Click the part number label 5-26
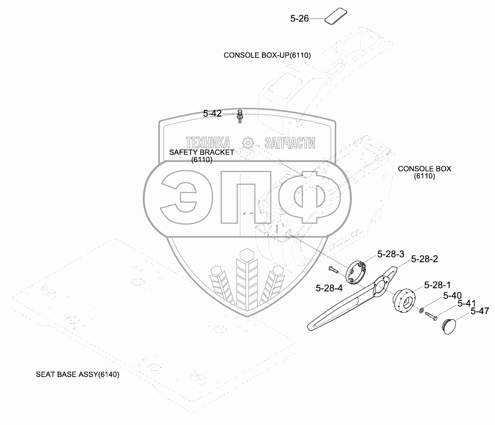(299, 19)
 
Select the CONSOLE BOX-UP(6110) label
(267, 55)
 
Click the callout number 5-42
(212, 113)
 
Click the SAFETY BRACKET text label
(202, 152)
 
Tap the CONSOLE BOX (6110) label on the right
(424, 172)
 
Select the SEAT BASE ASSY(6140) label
(78, 374)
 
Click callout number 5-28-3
(390, 254)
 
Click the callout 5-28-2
(424, 259)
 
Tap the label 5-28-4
(329, 288)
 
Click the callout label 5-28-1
(437, 285)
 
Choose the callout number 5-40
(452, 295)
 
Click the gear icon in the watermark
(248, 143)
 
